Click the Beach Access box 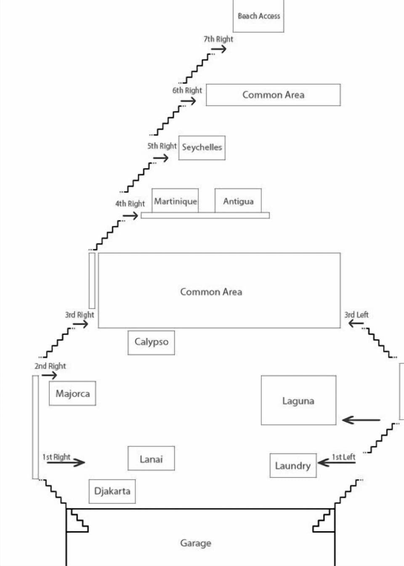click(258, 16)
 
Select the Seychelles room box click(202, 148)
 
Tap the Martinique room click(175, 201)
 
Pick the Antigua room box click(238, 201)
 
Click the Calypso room click(151, 342)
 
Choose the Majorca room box click(72, 394)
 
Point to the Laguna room click(298, 400)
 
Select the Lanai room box click(151, 459)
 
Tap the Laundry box click(293, 465)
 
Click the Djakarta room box click(112, 491)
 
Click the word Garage click(196, 543)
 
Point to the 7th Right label click(218, 39)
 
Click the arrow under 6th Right click(189, 101)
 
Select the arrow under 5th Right click(161, 158)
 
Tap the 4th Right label click(130, 204)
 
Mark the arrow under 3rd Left click(356, 323)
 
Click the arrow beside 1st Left click(336, 463)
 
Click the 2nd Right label click(50, 366)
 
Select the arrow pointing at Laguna click(361, 420)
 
